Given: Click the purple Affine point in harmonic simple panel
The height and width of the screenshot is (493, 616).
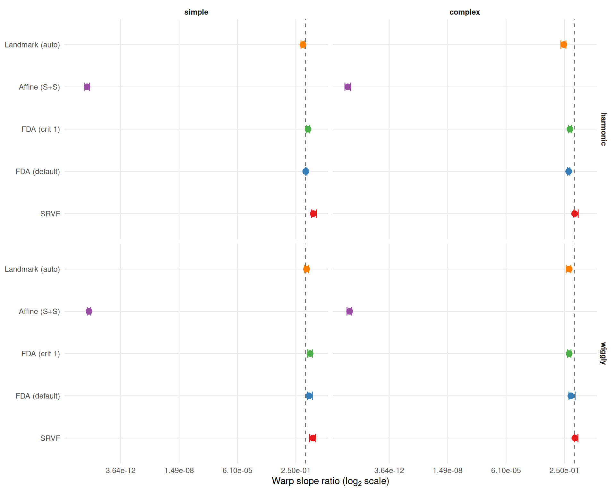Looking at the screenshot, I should point(87,87).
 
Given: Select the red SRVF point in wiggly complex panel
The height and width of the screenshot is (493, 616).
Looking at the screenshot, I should point(575,438).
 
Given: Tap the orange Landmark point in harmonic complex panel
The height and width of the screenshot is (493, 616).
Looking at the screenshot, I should point(564,45).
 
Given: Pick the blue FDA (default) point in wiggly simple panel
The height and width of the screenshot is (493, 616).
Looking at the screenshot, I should point(309,396).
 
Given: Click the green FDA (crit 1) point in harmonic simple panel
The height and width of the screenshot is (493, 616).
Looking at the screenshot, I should point(308,129).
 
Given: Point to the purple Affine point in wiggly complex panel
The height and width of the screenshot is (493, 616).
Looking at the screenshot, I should point(350,311).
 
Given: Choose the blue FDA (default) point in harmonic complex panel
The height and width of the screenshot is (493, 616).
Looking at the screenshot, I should point(569,171).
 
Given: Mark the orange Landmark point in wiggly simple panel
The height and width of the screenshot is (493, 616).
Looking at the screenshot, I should point(306,269).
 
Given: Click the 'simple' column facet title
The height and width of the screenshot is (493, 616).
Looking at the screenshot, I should point(196,12).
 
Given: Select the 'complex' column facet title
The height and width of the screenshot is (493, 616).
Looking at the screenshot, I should point(465,12).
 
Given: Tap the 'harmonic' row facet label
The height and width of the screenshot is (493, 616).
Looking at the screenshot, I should point(603,129).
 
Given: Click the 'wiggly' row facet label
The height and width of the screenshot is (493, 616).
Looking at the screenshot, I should point(603,353).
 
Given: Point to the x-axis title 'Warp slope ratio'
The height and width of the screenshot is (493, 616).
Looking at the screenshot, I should point(330,481).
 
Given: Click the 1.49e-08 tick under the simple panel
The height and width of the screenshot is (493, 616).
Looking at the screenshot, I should point(179,471).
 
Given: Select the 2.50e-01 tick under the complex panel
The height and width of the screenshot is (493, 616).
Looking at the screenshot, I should point(564,471).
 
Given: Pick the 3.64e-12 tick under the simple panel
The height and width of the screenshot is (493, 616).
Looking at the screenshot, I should point(121,471).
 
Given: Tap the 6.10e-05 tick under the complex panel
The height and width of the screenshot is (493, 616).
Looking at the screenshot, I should point(506,471).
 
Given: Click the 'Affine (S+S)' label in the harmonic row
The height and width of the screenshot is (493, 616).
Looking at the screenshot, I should point(39,87).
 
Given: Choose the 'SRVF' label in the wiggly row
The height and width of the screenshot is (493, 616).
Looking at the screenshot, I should point(50,438).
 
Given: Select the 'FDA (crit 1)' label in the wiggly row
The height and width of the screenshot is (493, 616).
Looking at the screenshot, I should point(41,354).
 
